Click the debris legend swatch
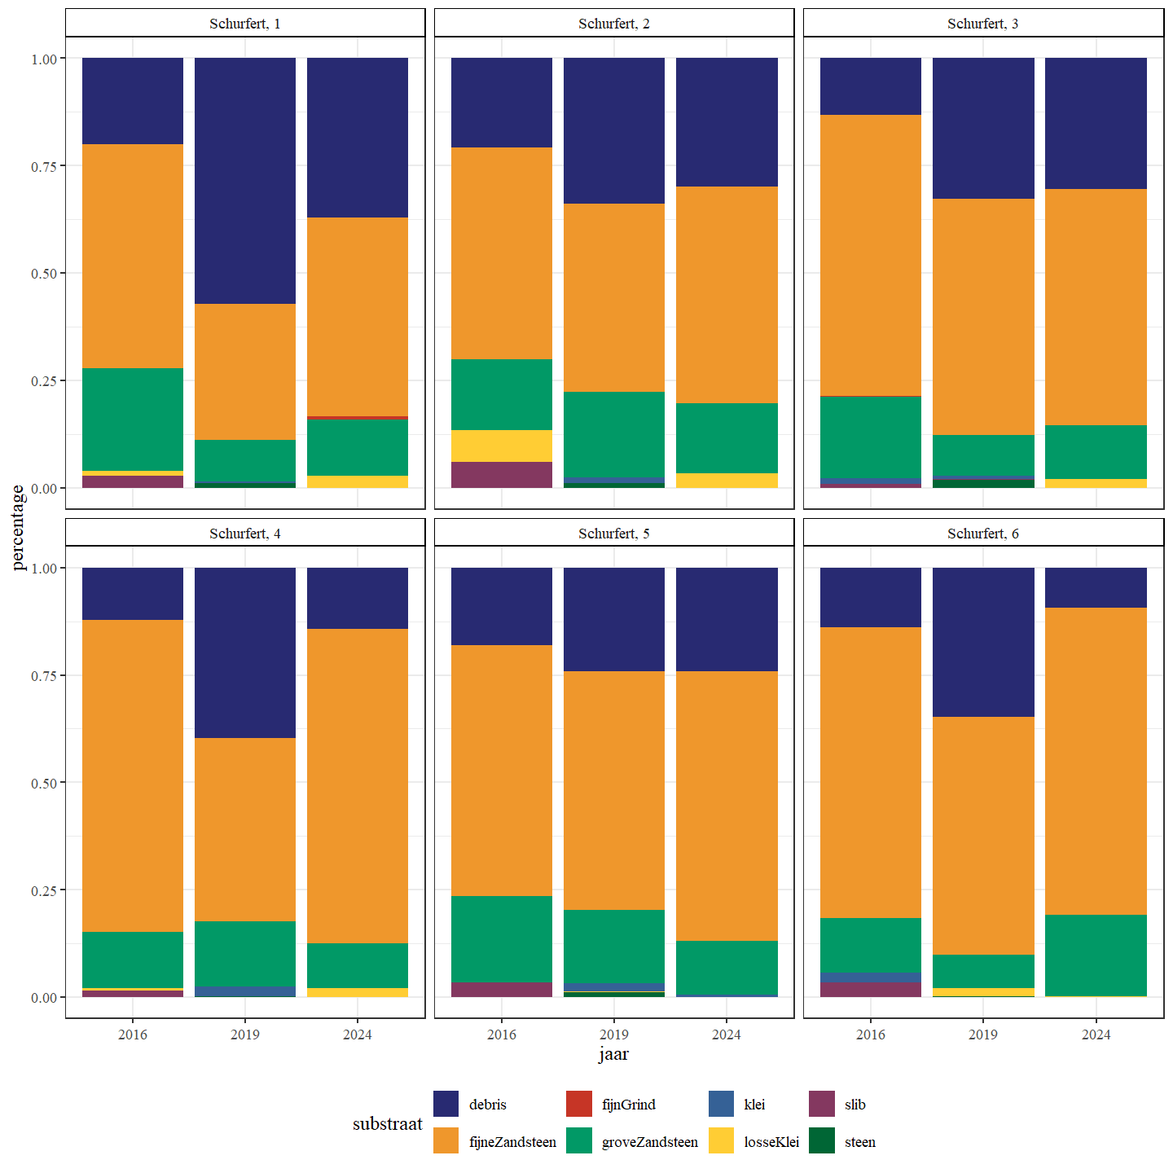click(446, 1104)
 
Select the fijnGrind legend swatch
click(578, 1104)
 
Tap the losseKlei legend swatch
click(721, 1141)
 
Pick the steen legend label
click(859, 1142)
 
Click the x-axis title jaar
click(613, 1054)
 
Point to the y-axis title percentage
click(18, 528)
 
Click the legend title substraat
click(387, 1123)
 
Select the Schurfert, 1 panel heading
click(244, 24)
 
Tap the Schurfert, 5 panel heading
click(613, 534)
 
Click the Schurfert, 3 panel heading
click(982, 24)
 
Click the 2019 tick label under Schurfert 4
click(244, 1035)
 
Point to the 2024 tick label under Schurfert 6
click(1096, 1035)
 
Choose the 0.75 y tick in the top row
click(44, 166)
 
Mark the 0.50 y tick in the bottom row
click(44, 783)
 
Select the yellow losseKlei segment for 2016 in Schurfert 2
click(501, 446)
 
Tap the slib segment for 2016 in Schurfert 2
click(501, 475)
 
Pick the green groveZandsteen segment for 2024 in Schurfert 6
click(1096, 956)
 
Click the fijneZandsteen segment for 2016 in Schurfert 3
click(870, 255)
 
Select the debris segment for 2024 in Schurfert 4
click(357, 598)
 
